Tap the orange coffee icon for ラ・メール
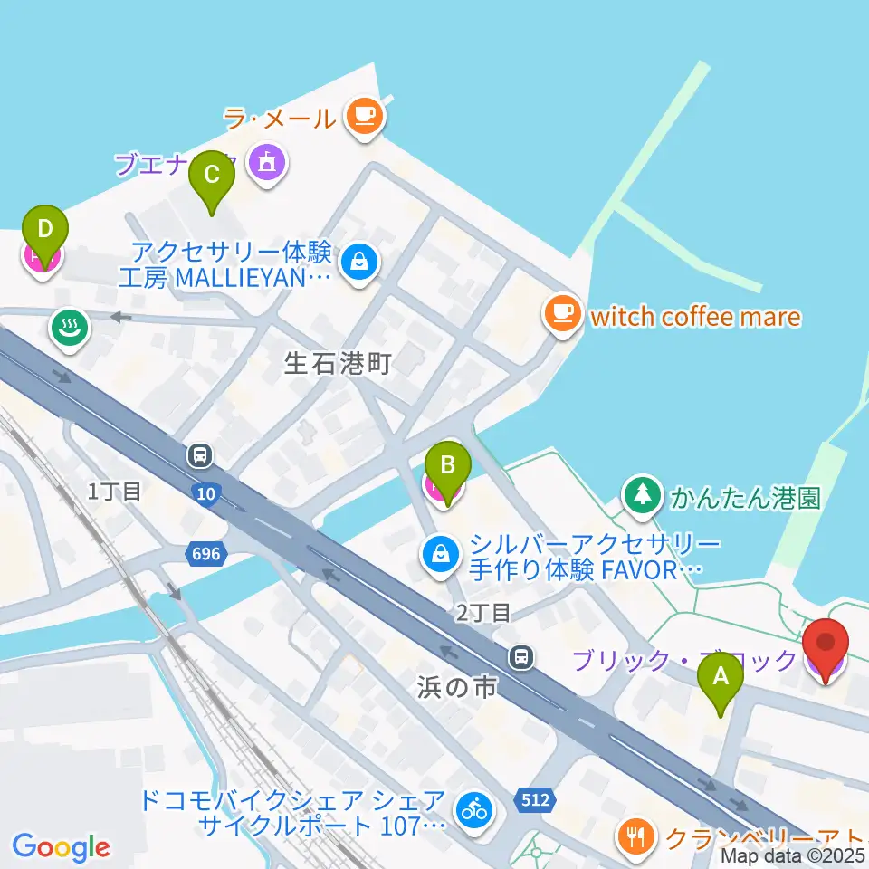tap(365, 117)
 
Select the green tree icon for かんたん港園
tap(642, 494)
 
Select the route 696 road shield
tap(206, 552)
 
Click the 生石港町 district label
tap(338, 365)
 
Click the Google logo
tap(62, 847)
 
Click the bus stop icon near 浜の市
tap(521, 657)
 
